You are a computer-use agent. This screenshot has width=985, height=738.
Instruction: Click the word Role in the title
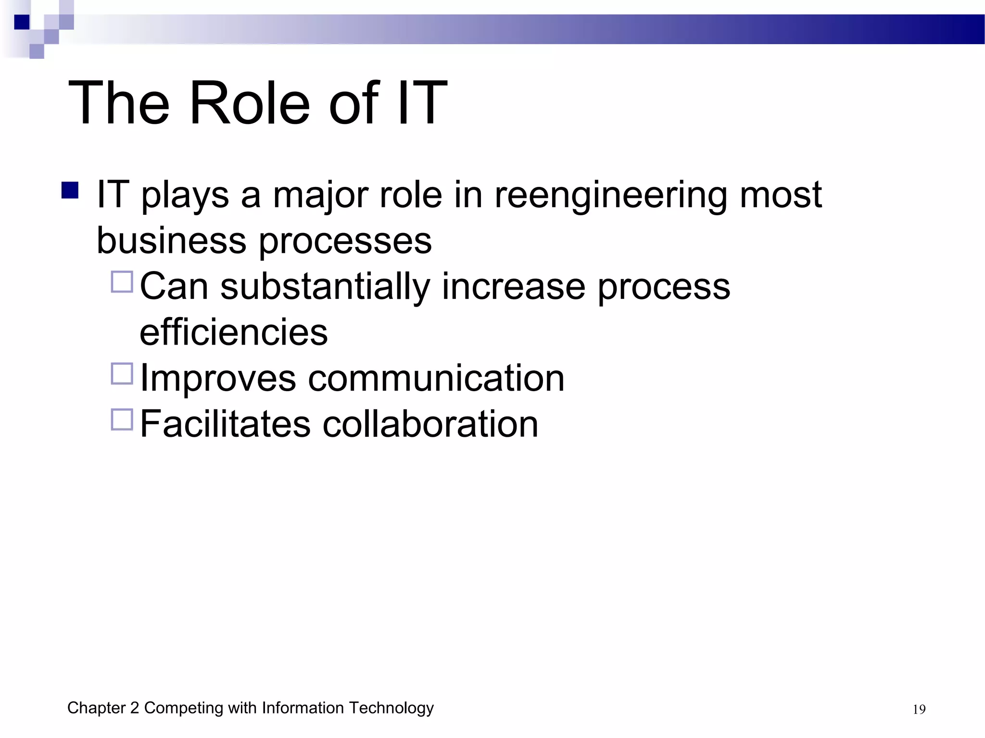(250, 103)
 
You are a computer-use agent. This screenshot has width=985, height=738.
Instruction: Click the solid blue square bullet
(70, 190)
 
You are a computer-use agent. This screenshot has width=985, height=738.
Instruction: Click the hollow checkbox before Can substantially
(122, 282)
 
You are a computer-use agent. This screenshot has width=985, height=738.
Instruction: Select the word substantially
(325, 287)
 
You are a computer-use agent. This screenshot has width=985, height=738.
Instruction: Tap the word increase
(514, 287)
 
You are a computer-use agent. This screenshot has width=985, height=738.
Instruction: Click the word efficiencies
(234, 332)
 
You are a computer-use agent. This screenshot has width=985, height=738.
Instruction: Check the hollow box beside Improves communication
(122, 374)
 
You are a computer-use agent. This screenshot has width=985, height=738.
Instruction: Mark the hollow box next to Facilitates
(122, 419)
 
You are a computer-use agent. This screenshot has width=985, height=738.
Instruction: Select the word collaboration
(430, 424)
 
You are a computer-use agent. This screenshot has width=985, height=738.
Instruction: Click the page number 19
(919, 710)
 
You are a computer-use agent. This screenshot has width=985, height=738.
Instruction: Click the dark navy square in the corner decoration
(22, 22)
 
